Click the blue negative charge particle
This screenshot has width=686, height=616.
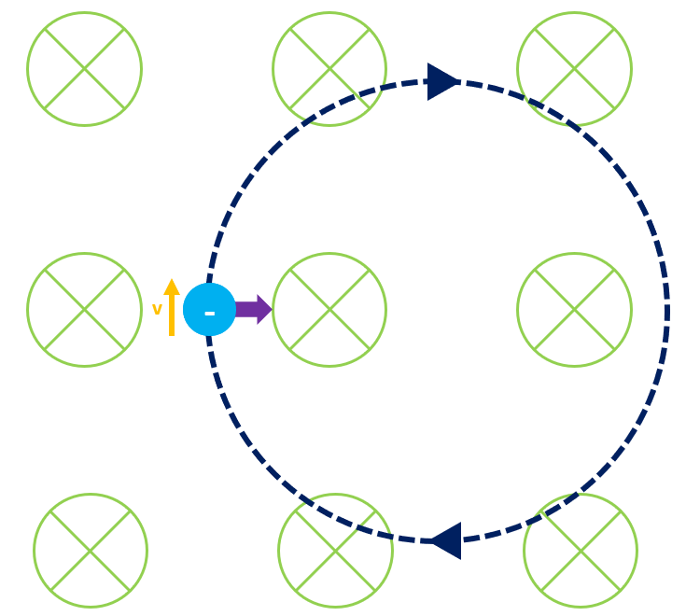pos(209,309)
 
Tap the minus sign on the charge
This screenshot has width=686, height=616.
pos(209,313)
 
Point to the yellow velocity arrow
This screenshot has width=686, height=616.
pos(172,308)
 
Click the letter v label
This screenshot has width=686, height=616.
pos(157,309)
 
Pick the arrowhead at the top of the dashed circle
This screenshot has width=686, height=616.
pos(442,82)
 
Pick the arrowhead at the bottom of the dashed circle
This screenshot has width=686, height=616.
pos(445,540)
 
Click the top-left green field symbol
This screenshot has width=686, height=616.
pos(84,68)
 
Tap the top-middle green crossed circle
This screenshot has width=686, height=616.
pos(329,68)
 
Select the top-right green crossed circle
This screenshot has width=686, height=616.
pos(574,68)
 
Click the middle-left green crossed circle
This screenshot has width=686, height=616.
pos(84,309)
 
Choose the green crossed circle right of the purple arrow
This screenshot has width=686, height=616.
pos(329,309)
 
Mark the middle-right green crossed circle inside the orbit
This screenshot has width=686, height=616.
pos(574,309)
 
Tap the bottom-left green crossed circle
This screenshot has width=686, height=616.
pos(91,551)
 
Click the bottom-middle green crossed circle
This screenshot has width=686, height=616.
pos(335,551)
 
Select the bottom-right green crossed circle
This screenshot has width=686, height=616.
pos(581,551)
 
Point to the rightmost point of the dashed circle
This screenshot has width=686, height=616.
pos(667,311)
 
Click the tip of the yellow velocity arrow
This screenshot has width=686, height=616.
pos(172,280)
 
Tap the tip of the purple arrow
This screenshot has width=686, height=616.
pos(272,309)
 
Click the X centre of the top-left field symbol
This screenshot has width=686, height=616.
pos(84,68)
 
